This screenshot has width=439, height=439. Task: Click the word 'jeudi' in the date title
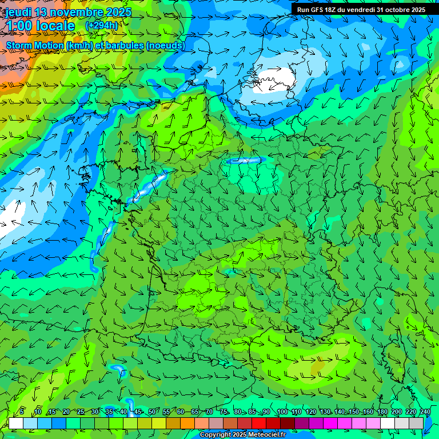point(19,13)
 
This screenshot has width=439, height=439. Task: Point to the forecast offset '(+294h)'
point(102,26)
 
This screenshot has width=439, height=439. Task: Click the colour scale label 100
point(282,412)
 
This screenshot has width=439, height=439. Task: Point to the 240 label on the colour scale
point(425,412)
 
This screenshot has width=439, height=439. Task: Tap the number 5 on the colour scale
point(22,412)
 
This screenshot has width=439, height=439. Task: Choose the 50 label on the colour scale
point(151,412)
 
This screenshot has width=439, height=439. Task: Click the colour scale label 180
point(382,412)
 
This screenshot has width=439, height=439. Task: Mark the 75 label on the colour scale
point(224,412)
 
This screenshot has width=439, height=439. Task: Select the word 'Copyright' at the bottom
point(216,435)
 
